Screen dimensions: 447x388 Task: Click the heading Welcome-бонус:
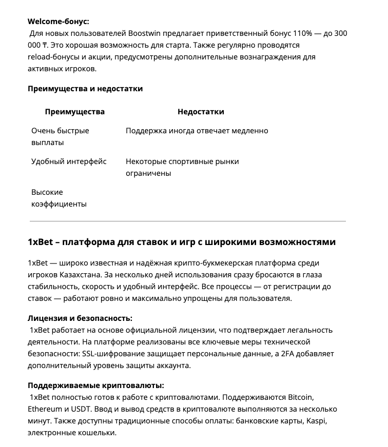tap(58, 22)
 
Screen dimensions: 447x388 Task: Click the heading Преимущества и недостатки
tap(85, 89)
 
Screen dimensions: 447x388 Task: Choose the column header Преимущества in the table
tap(74, 112)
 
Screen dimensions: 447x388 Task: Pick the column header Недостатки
tap(201, 112)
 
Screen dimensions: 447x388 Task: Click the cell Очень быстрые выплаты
tap(60, 136)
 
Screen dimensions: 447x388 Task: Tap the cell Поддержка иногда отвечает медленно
tap(197, 131)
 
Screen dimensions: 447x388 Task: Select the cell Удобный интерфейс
tap(69, 161)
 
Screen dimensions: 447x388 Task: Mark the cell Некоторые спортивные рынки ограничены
tap(182, 167)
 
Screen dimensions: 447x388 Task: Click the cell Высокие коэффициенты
tap(59, 198)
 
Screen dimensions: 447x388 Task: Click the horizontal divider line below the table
tap(188, 221)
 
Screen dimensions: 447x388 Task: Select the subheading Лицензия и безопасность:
tap(80, 318)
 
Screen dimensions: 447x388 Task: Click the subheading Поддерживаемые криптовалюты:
tap(95, 385)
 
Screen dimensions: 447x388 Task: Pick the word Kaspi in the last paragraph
tap(316, 421)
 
